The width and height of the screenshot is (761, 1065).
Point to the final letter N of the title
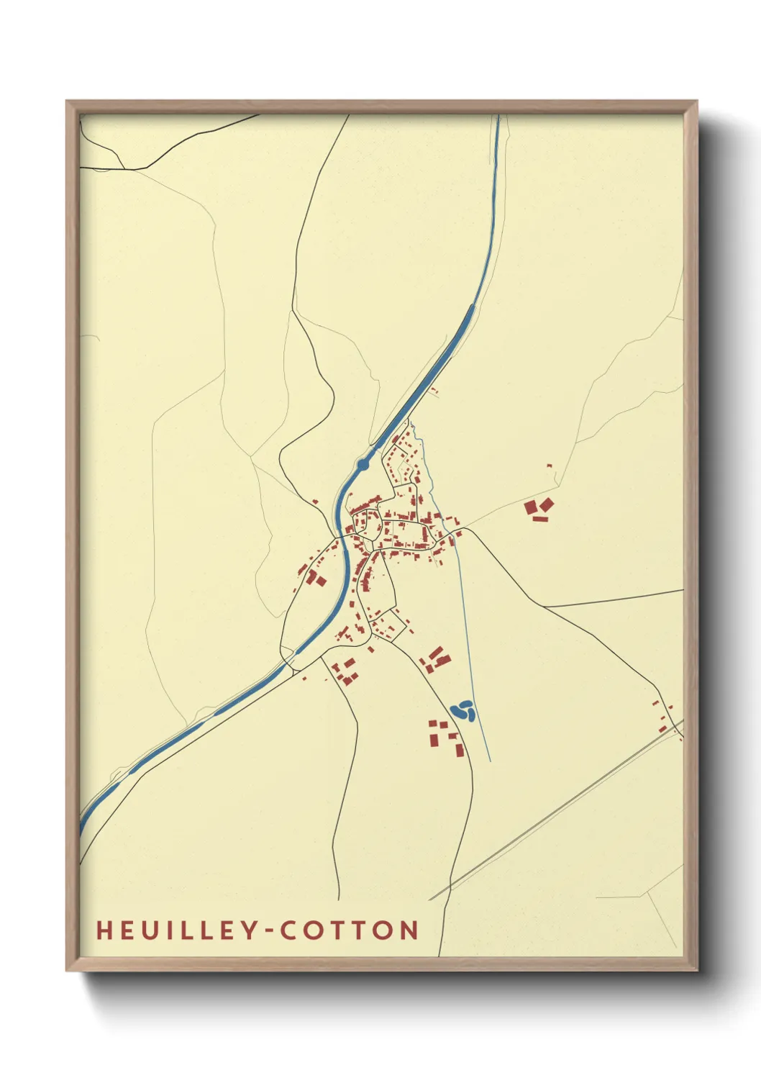pos(409,930)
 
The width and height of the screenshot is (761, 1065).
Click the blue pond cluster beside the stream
pos(462,712)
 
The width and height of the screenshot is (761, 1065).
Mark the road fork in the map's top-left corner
pos(124,169)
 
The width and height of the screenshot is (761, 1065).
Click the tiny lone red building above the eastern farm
pos(549,466)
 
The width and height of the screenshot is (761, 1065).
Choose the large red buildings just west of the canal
pos(314,578)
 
